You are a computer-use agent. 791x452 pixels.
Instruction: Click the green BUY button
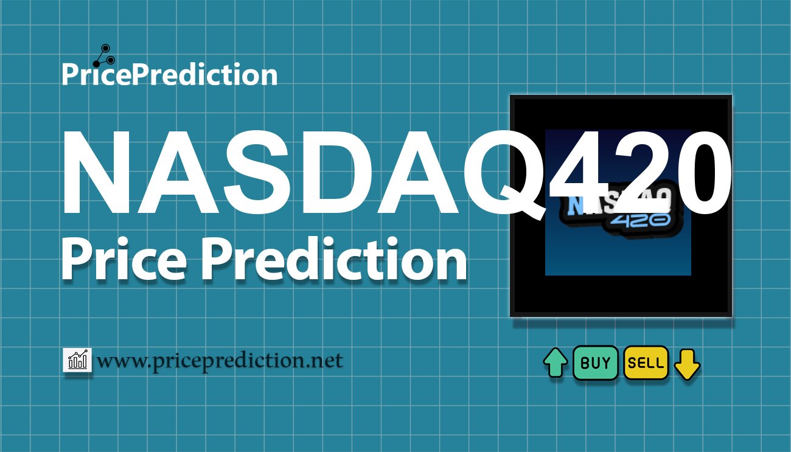(x=595, y=363)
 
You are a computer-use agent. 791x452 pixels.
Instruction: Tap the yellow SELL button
(x=646, y=363)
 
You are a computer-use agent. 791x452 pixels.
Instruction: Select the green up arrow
(x=555, y=363)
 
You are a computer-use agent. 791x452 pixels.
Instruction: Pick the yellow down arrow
(x=687, y=364)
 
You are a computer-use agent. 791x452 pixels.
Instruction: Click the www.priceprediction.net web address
(x=220, y=361)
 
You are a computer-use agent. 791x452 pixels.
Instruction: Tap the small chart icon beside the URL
(x=77, y=360)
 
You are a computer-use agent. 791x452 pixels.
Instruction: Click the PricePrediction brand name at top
(x=169, y=75)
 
